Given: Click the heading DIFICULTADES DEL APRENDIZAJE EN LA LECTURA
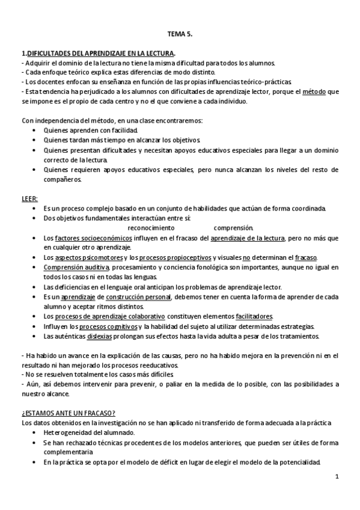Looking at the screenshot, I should coord(100,54).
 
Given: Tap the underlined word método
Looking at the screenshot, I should coord(313,91).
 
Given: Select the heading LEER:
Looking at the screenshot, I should coord(29,198).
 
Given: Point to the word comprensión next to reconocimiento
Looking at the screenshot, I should coord(234,228).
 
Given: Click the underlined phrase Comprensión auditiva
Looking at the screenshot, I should coord(76,266).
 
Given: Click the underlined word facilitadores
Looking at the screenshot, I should coord(254,316).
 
